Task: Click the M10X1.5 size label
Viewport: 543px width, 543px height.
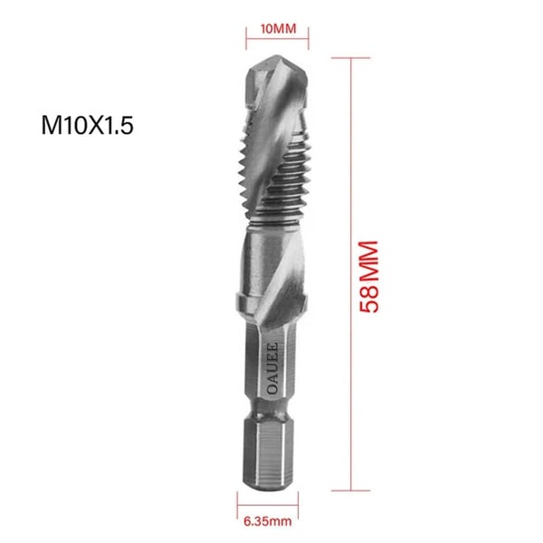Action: pos(88,125)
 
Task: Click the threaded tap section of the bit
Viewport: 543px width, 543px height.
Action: pos(276,181)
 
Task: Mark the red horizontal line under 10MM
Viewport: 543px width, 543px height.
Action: pos(278,41)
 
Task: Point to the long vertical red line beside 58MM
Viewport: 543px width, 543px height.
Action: pos(348,271)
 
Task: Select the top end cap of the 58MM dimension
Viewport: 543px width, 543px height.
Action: pos(348,57)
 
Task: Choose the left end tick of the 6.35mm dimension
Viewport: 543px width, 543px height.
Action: pos(239,505)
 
